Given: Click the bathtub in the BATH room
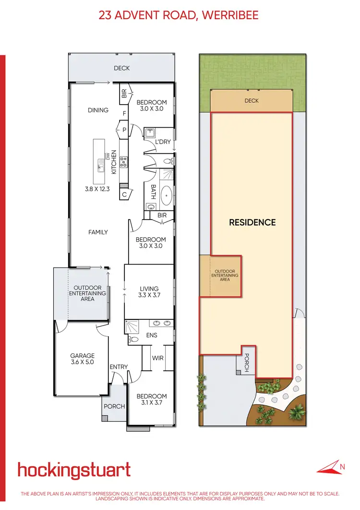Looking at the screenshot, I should (x=167, y=195).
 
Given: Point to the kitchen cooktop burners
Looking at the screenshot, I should (x=123, y=162).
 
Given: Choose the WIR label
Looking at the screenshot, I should (x=158, y=358).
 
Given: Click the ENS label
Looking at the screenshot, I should (x=152, y=335).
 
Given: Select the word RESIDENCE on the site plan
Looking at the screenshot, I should (x=252, y=222).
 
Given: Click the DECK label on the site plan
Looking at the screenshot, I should (x=252, y=101).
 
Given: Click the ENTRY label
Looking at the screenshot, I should (x=119, y=367).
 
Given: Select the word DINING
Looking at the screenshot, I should (x=98, y=110).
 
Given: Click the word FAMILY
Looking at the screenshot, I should (x=98, y=232).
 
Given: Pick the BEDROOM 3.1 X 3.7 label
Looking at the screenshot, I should (x=152, y=400).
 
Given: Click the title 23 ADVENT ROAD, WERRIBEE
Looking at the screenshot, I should (x=179, y=15).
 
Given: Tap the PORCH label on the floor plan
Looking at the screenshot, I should (x=114, y=406).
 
